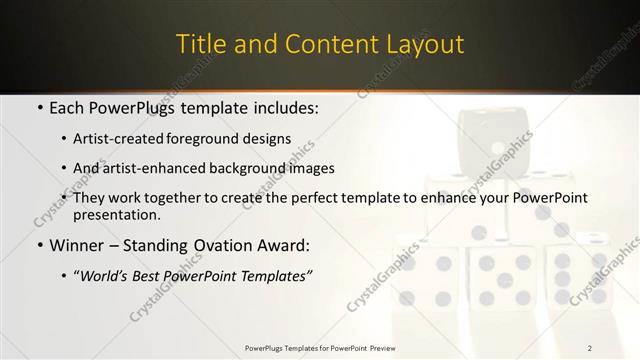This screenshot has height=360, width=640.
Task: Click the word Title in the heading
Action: coord(199,44)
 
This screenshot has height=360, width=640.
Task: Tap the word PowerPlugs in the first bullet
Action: coord(139,107)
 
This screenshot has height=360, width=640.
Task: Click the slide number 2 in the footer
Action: coord(590,347)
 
